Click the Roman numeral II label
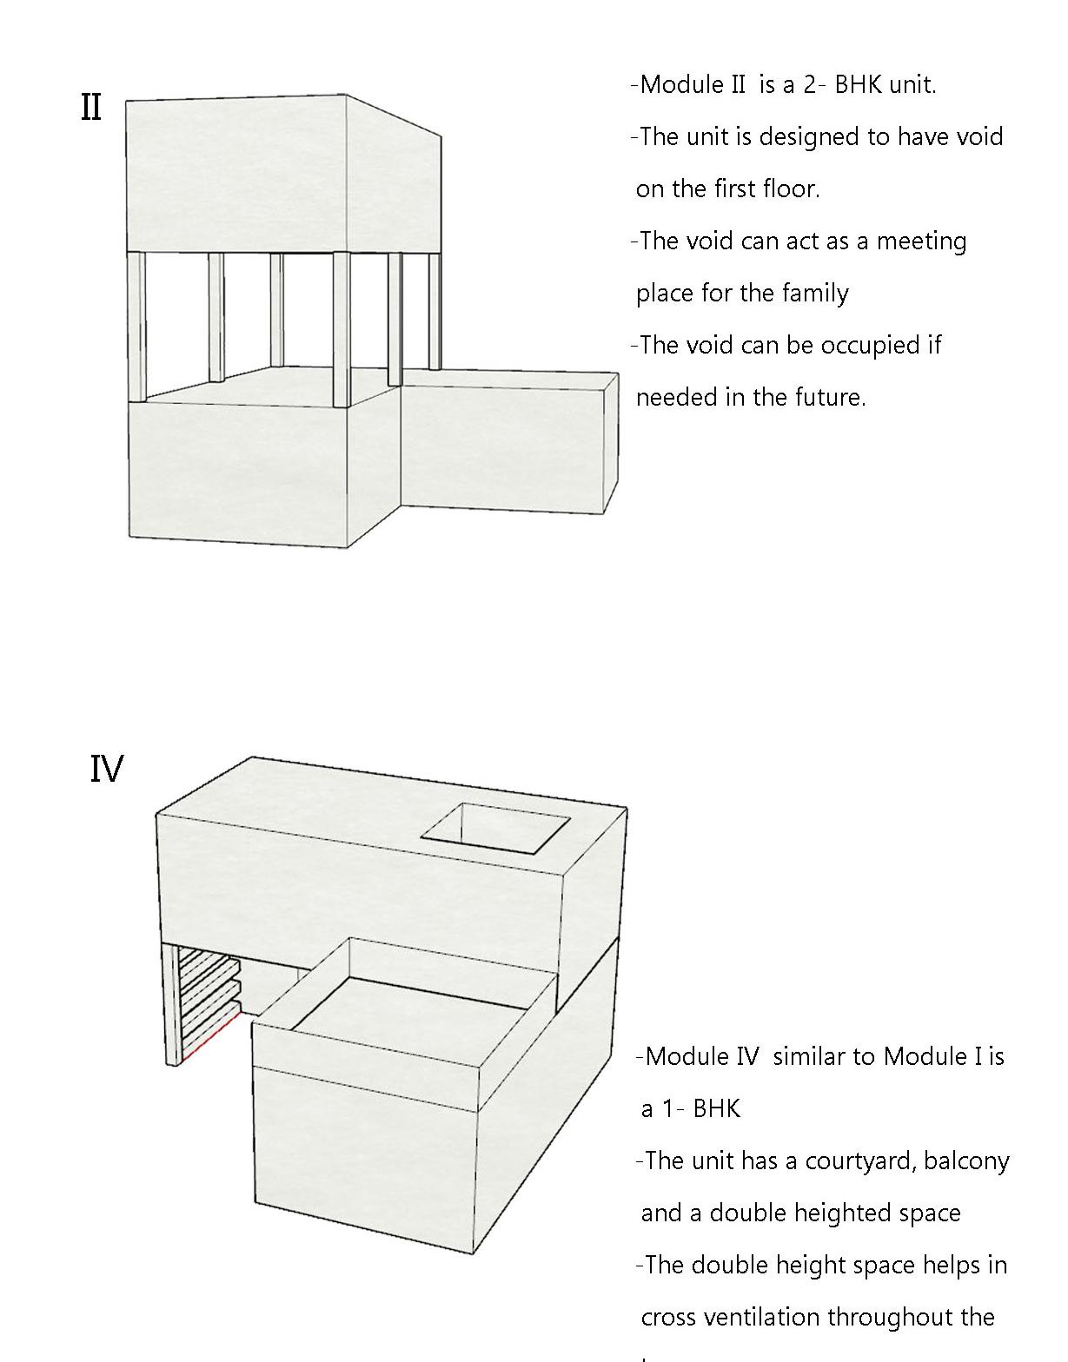coord(91,108)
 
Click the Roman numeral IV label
coord(107,770)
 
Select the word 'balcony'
coord(966,1161)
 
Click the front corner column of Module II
coord(342,330)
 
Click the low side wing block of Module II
coord(504,443)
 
